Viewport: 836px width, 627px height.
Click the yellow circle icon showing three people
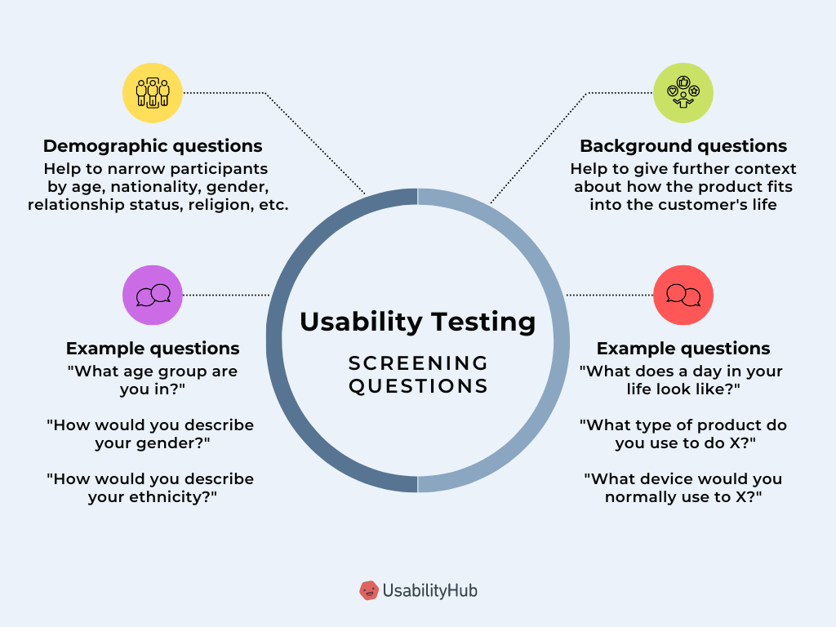(153, 93)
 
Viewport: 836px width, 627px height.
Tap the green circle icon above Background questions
(683, 93)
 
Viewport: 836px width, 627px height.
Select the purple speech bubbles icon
(153, 295)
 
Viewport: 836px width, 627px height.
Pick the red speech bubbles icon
(683, 295)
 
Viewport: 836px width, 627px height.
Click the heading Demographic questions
(153, 146)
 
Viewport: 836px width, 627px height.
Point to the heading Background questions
(683, 146)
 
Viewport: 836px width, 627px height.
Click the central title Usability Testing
(418, 322)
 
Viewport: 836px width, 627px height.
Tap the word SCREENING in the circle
(418, 362)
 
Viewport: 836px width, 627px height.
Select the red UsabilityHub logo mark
(369, 589)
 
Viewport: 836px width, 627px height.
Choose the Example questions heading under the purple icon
(153, 349)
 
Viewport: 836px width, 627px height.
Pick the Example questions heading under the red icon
(683, 349)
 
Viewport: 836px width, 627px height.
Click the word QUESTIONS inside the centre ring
(418, 385)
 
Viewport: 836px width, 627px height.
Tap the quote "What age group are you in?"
(153, 380)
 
